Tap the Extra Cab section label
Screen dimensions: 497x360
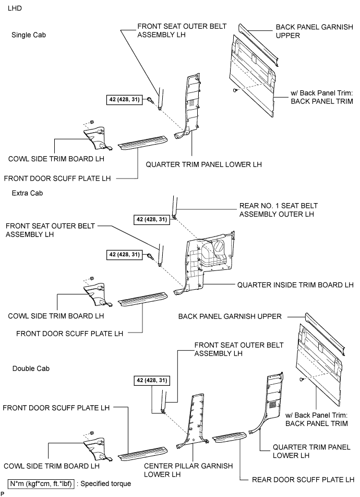26,193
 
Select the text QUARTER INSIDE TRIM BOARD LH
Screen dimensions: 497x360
295,285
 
